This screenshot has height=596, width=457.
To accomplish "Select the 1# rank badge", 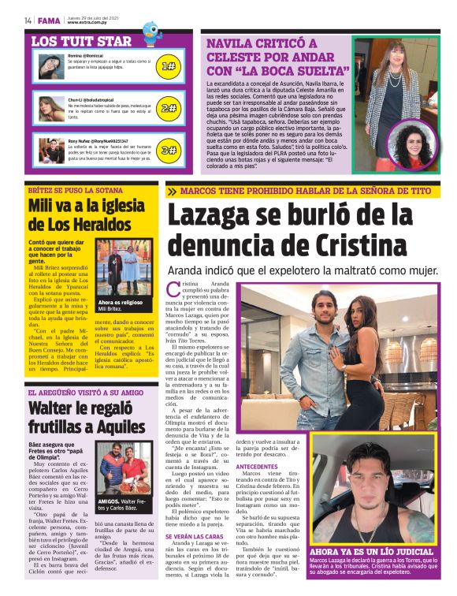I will click(168, 66).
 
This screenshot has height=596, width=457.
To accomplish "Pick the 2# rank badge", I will click(168, 107).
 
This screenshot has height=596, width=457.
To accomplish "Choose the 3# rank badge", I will click(168, 149).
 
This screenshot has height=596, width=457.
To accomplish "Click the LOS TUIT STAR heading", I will click(81, 41).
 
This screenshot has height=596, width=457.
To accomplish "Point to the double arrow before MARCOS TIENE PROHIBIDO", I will click(172, 191).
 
